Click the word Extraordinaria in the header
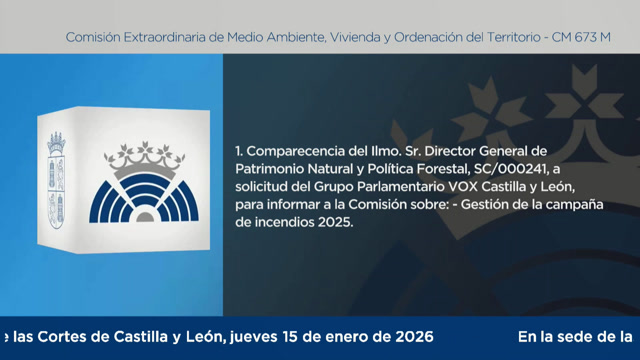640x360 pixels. coord(164,37)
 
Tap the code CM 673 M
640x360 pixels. coord(583,37)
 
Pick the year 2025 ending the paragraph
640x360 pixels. coord(337,224)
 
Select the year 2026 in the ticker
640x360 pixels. coord(413,337)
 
